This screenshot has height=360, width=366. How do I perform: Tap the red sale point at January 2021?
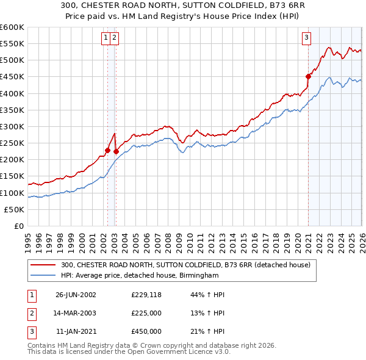click(309, 76)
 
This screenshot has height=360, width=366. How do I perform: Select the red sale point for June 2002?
click(108, 150)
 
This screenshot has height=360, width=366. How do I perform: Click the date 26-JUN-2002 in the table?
click(76, 295)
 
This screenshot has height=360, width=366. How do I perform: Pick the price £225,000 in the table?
click(146, 313)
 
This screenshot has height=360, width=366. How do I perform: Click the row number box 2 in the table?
click(30, 313)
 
